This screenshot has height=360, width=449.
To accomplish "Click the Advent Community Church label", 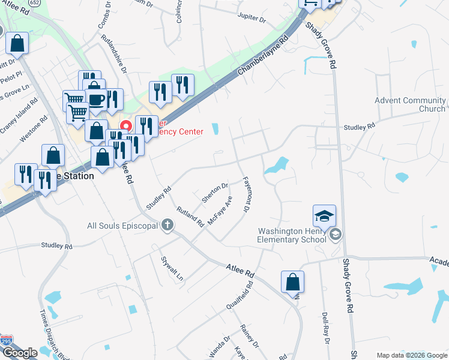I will (411, 104).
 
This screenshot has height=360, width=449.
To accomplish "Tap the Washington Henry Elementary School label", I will (292, 235).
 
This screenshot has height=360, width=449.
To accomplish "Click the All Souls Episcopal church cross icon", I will (167, 226).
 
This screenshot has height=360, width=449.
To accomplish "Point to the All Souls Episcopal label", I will (122, 226).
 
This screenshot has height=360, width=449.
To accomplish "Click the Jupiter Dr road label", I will (252, 19).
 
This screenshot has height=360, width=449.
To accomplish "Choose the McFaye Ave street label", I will (220, 210).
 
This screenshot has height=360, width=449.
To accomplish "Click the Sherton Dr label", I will (215, 192).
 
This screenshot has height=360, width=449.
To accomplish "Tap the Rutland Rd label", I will (190, 217).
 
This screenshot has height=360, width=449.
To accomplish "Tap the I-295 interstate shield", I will (7, 340).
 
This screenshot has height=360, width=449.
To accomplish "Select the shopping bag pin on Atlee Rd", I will (292, 281).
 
